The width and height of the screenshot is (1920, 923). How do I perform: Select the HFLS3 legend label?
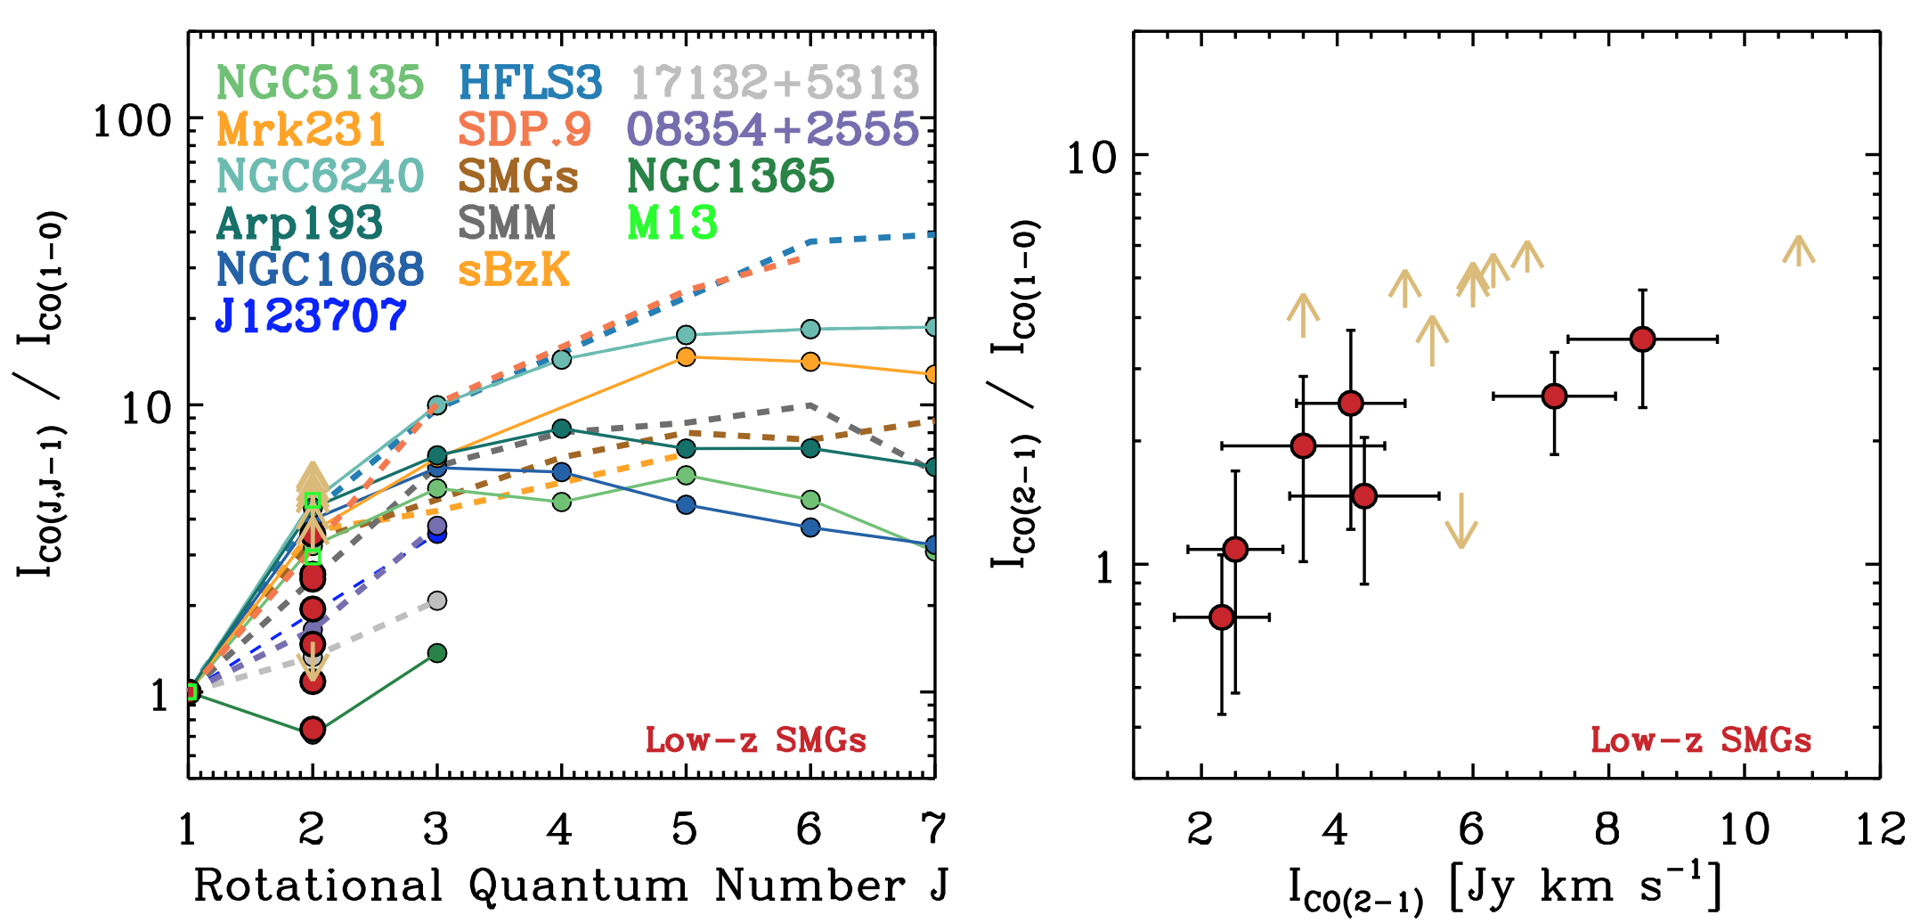(x=531, y=83)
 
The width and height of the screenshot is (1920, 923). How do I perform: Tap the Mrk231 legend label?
(x=301, y=130)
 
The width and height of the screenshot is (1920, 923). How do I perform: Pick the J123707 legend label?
(x=311, y=315)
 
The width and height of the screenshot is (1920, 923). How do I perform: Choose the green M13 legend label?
(x=672, y=223)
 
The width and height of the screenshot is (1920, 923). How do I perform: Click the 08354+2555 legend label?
(x=773, y=130)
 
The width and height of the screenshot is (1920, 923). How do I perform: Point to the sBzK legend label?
(x=514, y=269)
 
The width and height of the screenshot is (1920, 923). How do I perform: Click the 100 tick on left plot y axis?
(x=132, y=120)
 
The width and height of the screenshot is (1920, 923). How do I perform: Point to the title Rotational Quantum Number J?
(x=571, y=886)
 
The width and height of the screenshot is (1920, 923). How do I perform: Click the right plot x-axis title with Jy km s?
(x=1505, y=889)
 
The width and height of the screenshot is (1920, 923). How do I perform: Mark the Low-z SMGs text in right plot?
(x=1701, y=740)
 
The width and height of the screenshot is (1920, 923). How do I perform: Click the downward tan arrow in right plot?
(x=1461, y=522)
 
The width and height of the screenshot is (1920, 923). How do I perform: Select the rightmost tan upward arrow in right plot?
(x=1799, y=250)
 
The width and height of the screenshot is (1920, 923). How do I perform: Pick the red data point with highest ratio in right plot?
(x=1642, y=339)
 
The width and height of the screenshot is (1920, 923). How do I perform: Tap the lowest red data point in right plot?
(x=1222, y=617)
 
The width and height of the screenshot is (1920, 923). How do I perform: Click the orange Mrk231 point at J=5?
(x=686, y=357)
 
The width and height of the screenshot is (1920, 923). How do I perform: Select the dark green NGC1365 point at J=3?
(x=437, y=653)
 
